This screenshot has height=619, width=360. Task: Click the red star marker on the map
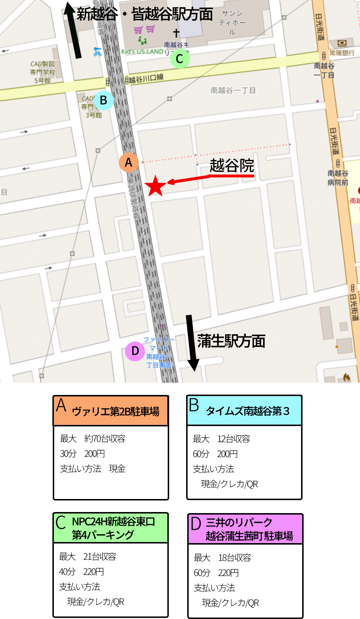pyautogui.click(x=155, y=186)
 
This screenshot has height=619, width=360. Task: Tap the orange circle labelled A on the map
pyautogui.click(x=129, y=163)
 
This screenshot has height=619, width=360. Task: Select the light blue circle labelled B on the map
pyautogui.click(x=104, y=100)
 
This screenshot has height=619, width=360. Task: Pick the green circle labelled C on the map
pyautogui.click(x=180, y=59)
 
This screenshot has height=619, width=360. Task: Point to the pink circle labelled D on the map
pyautogui.click(x=135, y=351)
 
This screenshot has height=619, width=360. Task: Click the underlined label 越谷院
pyautogui.click(x=232, y=166)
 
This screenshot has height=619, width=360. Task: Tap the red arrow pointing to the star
pyautogui.click(x=188, y=179)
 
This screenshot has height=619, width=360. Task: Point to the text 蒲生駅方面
pyautogui.click(x=231, y=341)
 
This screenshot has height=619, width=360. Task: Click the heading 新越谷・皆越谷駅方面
pyautogui.click(x=145, y=14)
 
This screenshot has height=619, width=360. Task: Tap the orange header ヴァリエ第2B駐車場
pyautogui.click(x=111, y=411)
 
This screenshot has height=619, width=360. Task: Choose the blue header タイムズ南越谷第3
pyautogui.click(x=244, y=410)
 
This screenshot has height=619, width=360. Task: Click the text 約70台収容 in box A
pyautogui.click(x=105, y=439)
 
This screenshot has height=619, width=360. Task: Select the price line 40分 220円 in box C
pyautogui.click(x=81, y=572)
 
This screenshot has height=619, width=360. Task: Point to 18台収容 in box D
pyautogui.click(x=235, y=558)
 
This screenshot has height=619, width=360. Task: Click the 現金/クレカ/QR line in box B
pyautogui.click(x=229, y=484)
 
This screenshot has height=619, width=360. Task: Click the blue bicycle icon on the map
pyautogui.click(x=97, y=52)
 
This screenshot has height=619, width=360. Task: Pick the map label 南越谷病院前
pyautogui.click(x=338, y=178)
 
